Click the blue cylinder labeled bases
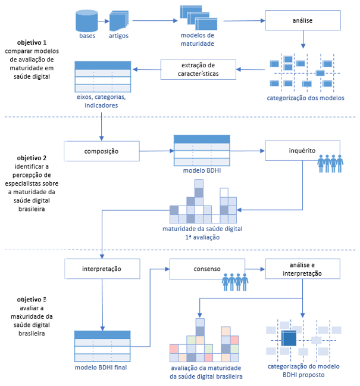(x=86, y=21)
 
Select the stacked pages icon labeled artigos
(x=119, y=21)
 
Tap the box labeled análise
(x=303, y=20)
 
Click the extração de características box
(x=198, y=70)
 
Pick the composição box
(x=102, y=151)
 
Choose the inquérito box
(x=302, y=151)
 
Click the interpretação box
(x=102, y=269)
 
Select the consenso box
(x=207, y=269)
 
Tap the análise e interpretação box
(x=302, y=269)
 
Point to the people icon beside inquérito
(x=330, y=163)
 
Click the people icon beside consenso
(x=235, y=282)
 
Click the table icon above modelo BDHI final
(x=102, y=346)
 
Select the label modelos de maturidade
(x=198, y=39)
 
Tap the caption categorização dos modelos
(x=305, y=98)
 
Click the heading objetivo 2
(x=32, y=158)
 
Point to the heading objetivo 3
(x=32, y=300)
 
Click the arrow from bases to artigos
(x=104, y=21)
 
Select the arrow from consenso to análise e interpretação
(x=255, y=269)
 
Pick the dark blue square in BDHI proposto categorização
(x=289, y=338)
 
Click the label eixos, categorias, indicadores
(x=101, y=101)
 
